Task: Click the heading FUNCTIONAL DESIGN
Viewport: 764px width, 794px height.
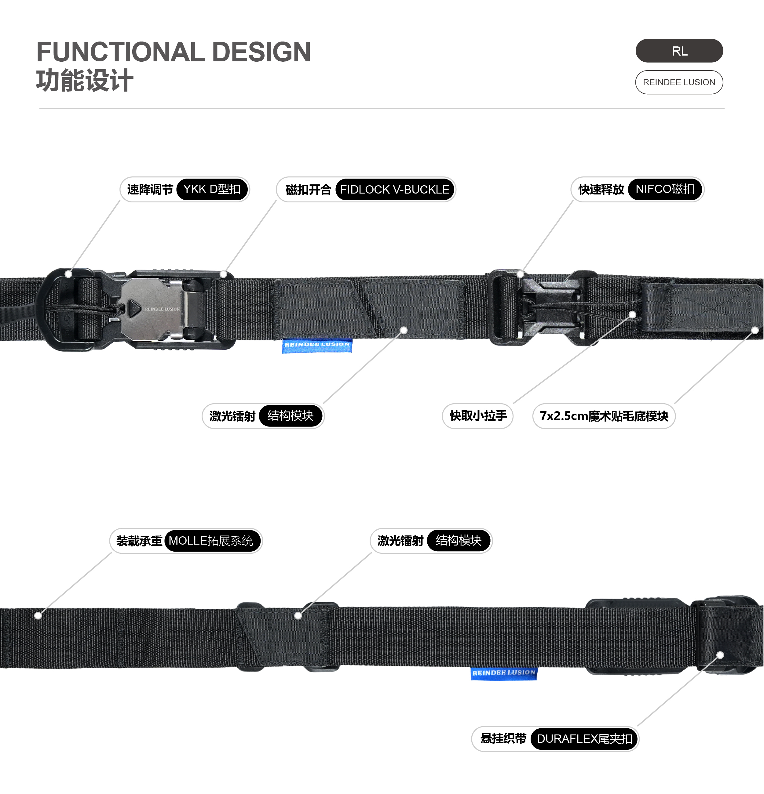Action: click(174, 52)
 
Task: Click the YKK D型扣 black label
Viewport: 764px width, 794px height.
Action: click(212, 189)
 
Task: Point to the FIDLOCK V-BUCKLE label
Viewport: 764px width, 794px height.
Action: click(394, 190)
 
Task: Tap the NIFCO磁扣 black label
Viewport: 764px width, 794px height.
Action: click(665, 189)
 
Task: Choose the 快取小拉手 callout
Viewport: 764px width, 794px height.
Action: click(478, 416)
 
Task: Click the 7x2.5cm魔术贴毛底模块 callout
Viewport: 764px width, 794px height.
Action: click(604, 416)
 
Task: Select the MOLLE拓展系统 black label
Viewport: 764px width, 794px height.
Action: click(211, 541)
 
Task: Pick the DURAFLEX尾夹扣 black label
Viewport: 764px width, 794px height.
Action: click(584, 739)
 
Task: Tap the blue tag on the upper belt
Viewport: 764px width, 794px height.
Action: click(317, 345)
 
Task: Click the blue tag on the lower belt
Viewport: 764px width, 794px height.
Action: click(504, 673)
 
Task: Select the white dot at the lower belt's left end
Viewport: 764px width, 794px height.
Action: click(38, 616)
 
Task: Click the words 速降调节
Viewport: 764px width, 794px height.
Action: click(150, 189)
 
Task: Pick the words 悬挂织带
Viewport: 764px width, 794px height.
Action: click(503, 738)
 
